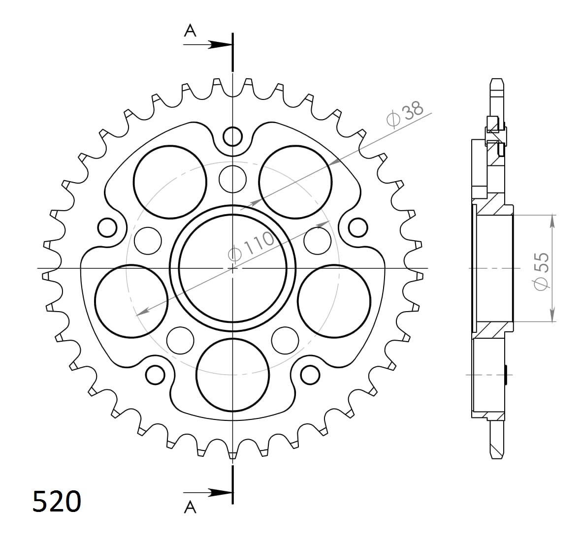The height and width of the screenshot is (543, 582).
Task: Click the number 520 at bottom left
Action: (x=57, y=502)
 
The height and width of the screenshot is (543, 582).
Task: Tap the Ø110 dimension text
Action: (x=251, y=245)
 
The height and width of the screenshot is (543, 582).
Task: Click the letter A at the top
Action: (x=190, y=31)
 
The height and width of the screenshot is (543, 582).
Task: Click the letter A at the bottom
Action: (x=190, y=507)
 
